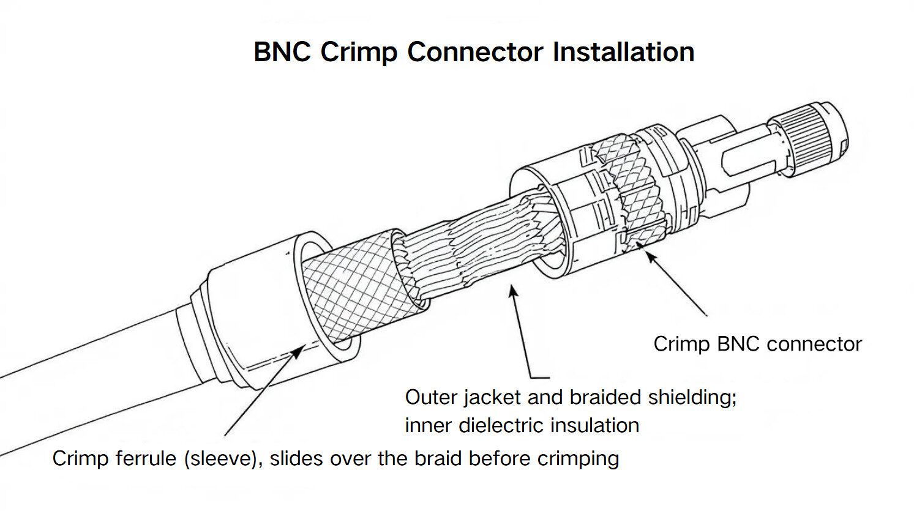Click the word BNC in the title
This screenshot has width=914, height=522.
coord(282,52)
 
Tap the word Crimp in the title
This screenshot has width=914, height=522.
coord(359,52)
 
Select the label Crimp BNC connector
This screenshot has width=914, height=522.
coord(757,344)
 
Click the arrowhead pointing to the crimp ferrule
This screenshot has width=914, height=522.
coord(299,350)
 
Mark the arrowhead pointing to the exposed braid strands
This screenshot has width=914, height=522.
coord(513,291)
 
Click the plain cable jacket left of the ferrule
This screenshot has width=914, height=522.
coord(92,379)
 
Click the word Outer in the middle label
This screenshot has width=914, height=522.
coord(432,397)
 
